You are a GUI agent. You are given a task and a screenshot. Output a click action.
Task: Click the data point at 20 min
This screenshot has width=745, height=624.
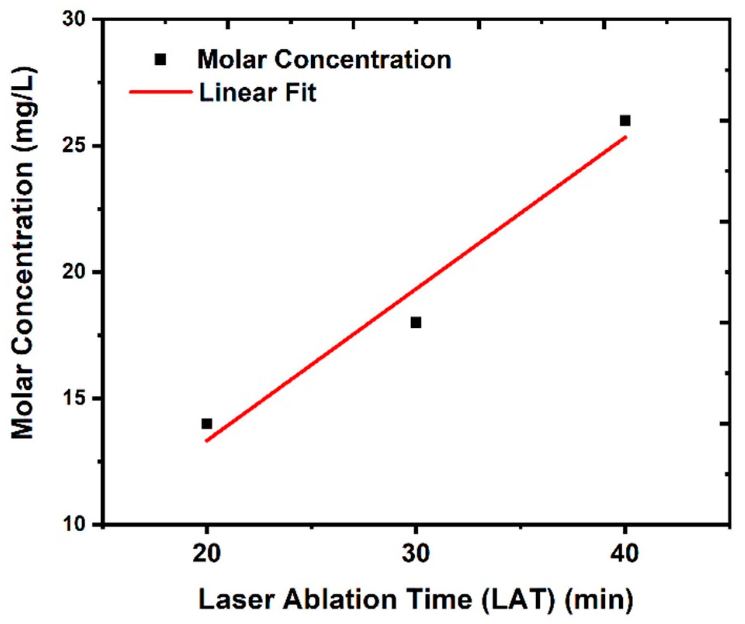[x=207, y=423]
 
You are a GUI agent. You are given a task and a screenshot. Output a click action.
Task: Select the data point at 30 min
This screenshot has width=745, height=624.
[x=416, y=322]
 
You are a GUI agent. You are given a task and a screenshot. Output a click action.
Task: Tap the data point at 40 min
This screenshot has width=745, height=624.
[x=625, y=121]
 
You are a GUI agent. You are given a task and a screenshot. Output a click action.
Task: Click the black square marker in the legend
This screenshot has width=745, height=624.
[x=160, y=59]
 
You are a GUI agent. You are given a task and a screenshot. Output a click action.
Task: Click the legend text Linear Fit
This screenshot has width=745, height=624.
[x=258, y=93]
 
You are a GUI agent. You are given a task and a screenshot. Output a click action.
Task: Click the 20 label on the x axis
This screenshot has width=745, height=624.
[x=207, y=553]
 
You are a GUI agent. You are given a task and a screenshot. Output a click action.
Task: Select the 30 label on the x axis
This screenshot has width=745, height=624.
[x=416, y=553]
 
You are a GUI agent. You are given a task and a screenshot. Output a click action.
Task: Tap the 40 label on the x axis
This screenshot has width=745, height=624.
[x=624, y=553]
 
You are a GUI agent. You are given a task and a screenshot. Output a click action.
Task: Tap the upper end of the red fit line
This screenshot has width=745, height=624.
[x=625, y=137]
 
